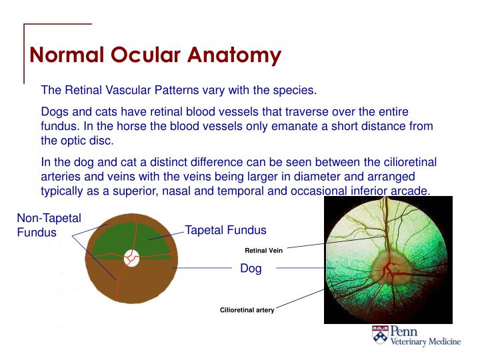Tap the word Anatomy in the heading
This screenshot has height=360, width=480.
233,55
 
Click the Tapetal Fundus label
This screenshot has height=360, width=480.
225,230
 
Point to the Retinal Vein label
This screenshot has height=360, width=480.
264,251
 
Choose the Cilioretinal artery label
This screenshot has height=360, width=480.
247,310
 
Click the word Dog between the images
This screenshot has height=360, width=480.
251,269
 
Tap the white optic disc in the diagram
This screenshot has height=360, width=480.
131,257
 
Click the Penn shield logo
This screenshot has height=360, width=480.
380,336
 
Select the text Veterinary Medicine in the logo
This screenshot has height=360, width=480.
425,342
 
